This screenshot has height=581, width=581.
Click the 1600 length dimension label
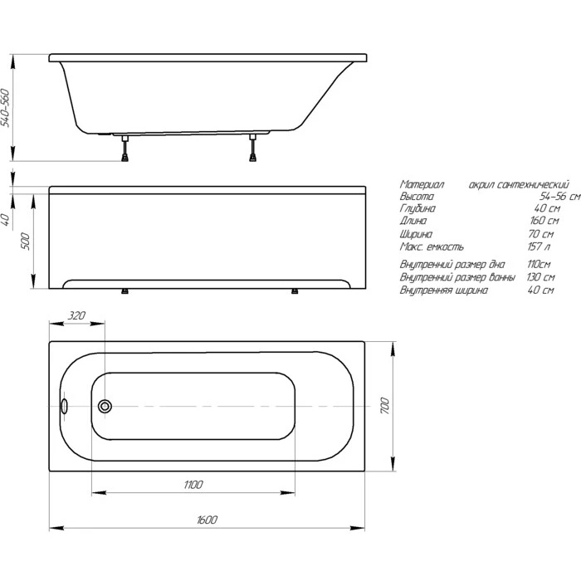(x=207, y=520)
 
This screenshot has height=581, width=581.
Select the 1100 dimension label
(x=193, y=485)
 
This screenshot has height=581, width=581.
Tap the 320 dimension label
(x=76, y=315)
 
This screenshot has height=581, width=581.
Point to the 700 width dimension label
(x=385, y=406)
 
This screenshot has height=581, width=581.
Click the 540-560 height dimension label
(x=5, y=108)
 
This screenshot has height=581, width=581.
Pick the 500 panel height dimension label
(x=25, y=241)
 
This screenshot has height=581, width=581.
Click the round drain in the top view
(x=105, y=406)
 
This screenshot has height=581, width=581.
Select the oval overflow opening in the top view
(x=65, y=406)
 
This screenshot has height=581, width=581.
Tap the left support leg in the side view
(x=125, y=148)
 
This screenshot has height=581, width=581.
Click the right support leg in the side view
(x=252, y=148)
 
